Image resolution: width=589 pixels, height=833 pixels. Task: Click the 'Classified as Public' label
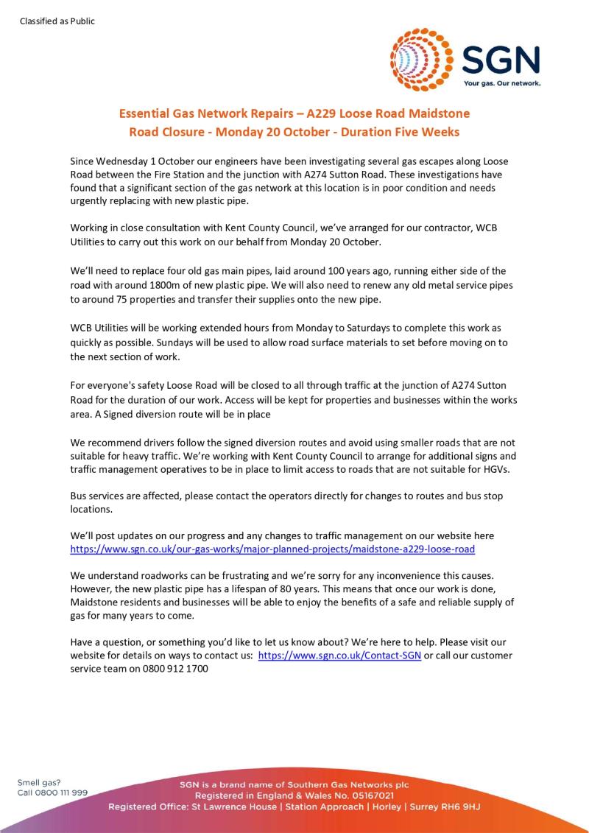(57, 21)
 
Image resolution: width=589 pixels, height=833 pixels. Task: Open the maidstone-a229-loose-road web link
(272, 549)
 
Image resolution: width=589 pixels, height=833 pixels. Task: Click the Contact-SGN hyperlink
(339, 655)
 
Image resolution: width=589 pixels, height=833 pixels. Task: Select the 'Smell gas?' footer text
(39, 782)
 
